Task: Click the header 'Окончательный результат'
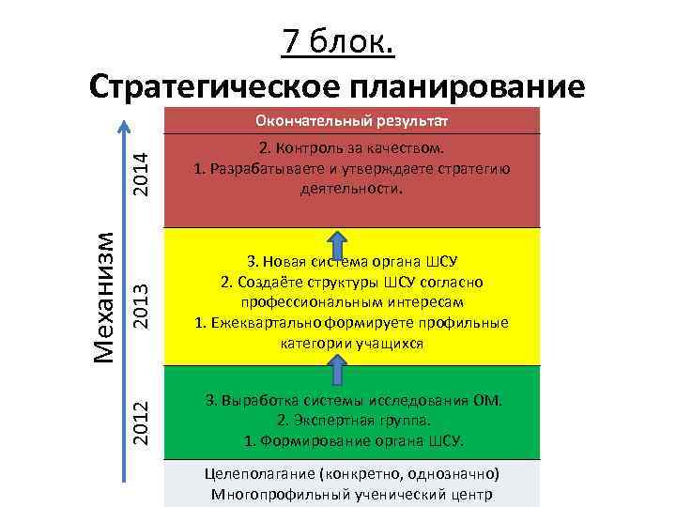pos(352,121)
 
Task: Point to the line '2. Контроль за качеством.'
pos(352,149)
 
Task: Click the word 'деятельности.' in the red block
pos(352,188)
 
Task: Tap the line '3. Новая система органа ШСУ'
pos(352,260)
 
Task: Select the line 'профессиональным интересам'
pos(352,302)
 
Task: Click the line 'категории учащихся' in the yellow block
pos(352,344)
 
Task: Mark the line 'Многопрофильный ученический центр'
pos(352,494)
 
